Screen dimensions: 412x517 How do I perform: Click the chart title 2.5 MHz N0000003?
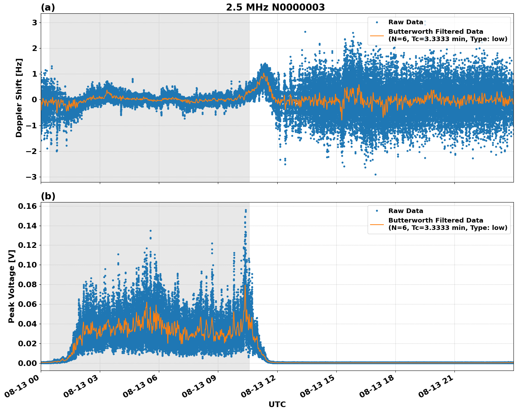click(x=275, y=7)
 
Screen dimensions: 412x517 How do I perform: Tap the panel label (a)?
click(x=48, y=7)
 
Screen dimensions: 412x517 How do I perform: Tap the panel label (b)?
click(x=48, y=196)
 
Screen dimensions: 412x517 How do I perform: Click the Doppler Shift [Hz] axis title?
click(x=19, y=98)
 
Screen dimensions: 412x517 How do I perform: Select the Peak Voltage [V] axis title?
click(x=12, y=286)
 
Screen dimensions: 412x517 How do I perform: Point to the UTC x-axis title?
click(x=277, y=404)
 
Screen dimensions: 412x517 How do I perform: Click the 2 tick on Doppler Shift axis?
click(x=34, y=48)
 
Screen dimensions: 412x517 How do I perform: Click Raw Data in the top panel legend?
click(x=406, y=22)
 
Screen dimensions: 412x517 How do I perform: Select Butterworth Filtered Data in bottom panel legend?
click(x=436, y=220)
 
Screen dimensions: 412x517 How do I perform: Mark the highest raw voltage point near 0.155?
click(x=246, y=210)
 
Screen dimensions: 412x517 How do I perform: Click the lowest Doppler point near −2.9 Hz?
click(x=375, y=174)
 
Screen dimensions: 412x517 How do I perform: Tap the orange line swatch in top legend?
click(x=377, y=35)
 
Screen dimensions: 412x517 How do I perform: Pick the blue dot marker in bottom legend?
click(x=377, y=211)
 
